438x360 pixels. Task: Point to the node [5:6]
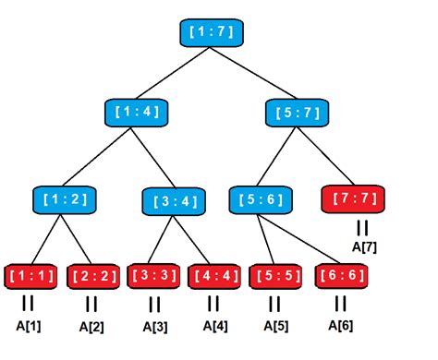click(259, 198)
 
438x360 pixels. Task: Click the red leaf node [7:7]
click(353, 198)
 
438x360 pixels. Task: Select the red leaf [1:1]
click(30, 275)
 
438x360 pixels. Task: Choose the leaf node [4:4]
click(213, 275)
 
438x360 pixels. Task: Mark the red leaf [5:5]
click(274, 275)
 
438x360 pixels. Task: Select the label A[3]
click(154, 326)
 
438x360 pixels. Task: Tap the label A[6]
click(340, 325)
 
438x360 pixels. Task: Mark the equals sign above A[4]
click(213, 302)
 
